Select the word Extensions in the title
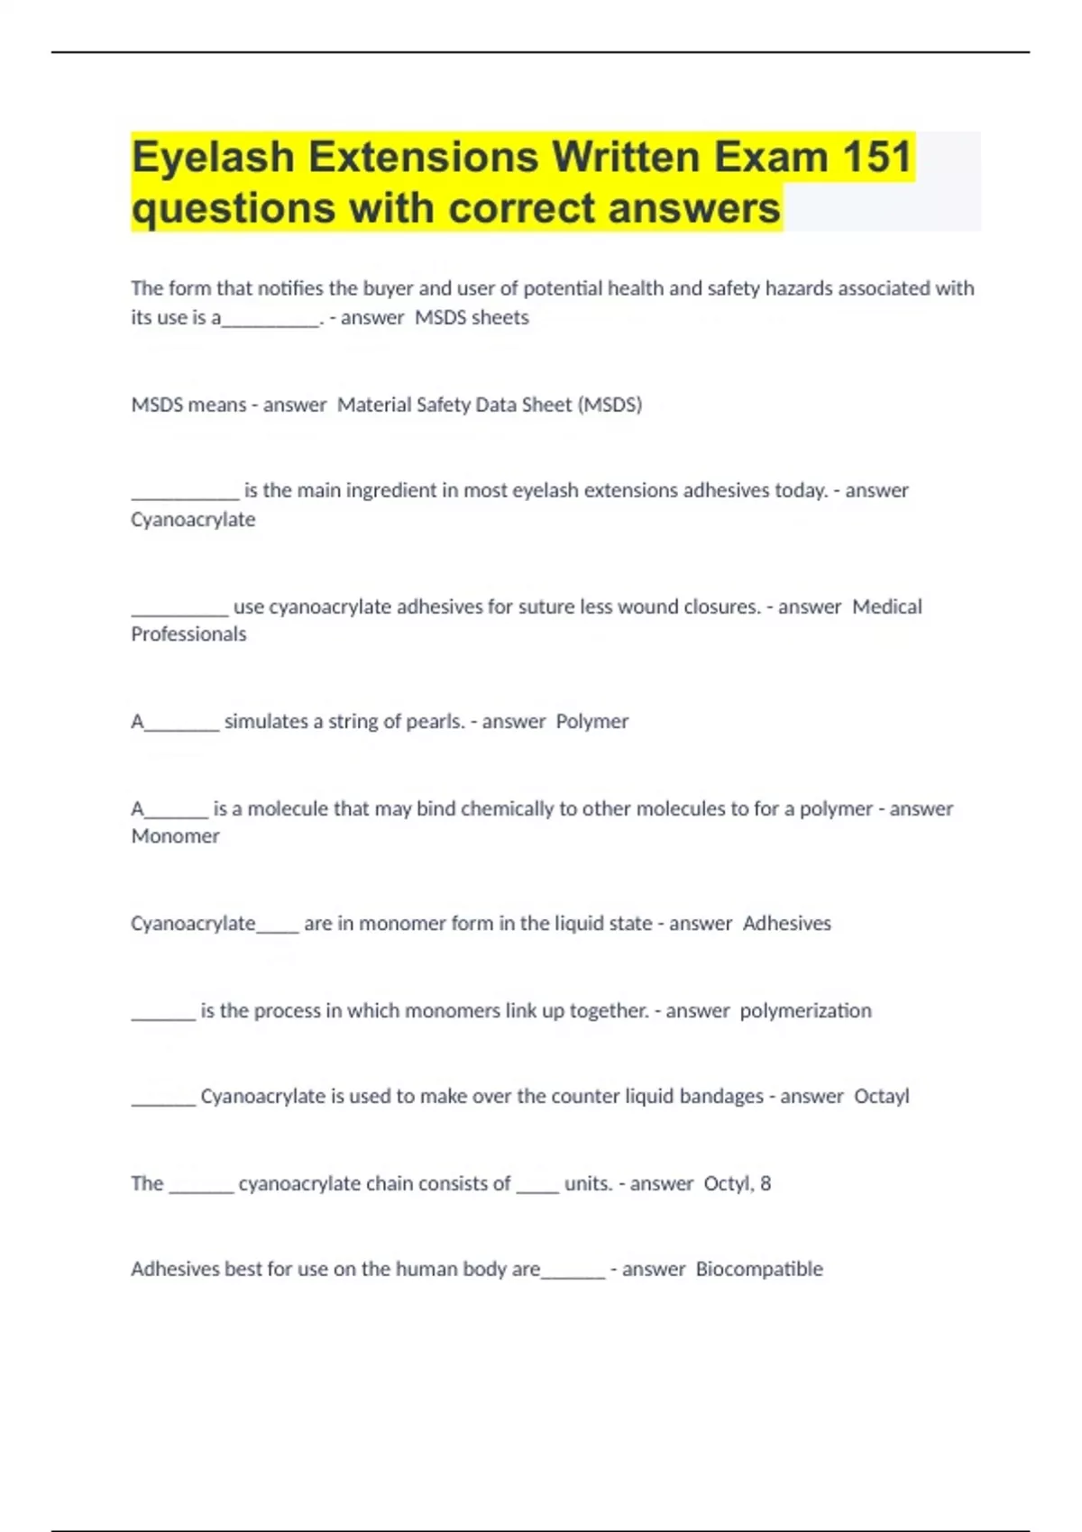pos(423,157)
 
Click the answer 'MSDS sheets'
pos(472,317)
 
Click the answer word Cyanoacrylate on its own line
pos(193,519)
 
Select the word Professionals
pos(188,634)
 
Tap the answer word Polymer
pos(592,721)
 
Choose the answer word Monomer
pos(176,835)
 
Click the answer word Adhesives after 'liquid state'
pos(787,923)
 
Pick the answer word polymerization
pos(806,1010)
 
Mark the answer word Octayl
pos(882,1096)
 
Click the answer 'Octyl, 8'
pos(738,1183)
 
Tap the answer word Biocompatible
pos(759,1269)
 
